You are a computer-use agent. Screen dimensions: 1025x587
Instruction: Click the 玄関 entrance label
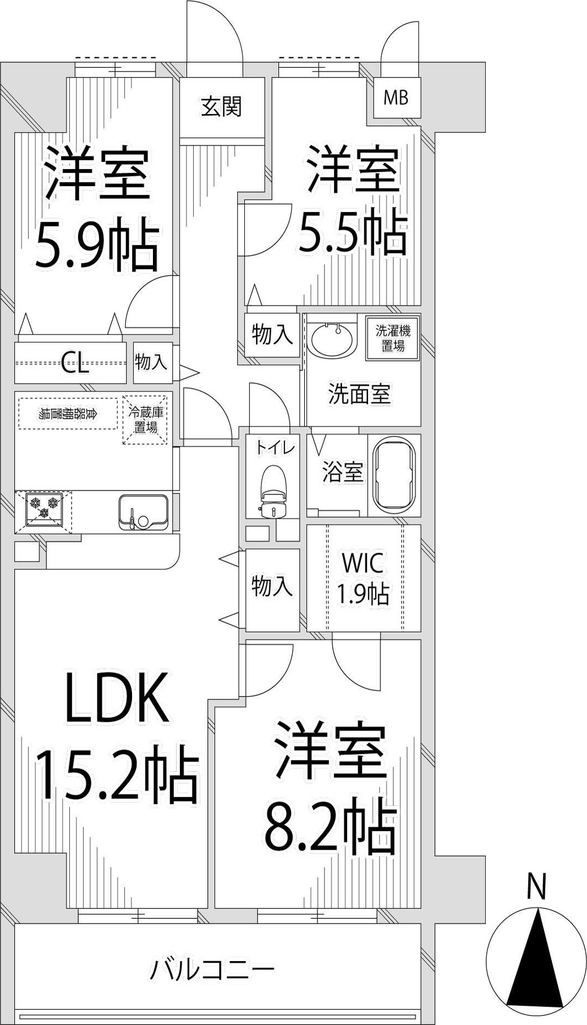221,106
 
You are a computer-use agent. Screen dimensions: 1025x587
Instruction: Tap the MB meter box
396,97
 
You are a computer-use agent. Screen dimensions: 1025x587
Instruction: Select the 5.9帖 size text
97,247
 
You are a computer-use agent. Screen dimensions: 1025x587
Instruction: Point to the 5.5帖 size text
353,231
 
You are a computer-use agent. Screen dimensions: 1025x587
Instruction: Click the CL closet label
75,363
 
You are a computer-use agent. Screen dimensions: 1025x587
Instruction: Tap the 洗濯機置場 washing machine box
393,338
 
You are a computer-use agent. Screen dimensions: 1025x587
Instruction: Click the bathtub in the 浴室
394,475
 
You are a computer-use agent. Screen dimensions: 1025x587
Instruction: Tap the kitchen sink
144,512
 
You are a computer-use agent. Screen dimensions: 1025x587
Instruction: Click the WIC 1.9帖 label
363,578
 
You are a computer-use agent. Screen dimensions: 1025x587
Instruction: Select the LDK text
117,699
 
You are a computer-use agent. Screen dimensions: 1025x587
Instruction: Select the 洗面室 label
359,394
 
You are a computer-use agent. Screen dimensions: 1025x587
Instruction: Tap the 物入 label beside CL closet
151,362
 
